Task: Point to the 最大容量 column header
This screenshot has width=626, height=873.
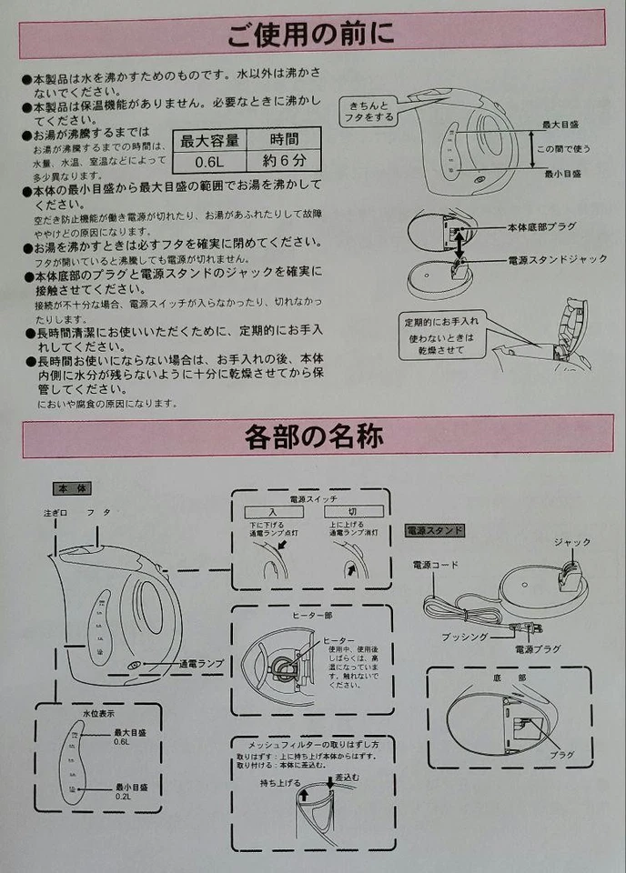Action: [x=209, y=140]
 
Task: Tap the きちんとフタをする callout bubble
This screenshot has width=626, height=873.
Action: [x=370, y=112]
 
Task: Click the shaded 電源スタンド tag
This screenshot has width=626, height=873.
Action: [x=434, y=530]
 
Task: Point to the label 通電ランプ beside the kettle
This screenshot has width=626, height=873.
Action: [x=202, y=664]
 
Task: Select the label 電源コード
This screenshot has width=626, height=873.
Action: [x=432, y=566]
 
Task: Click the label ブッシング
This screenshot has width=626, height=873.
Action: [x=466, y=638]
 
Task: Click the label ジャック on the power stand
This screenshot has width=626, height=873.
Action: [x=572, y=543]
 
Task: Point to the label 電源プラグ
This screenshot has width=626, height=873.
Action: [x=537, y=650]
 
